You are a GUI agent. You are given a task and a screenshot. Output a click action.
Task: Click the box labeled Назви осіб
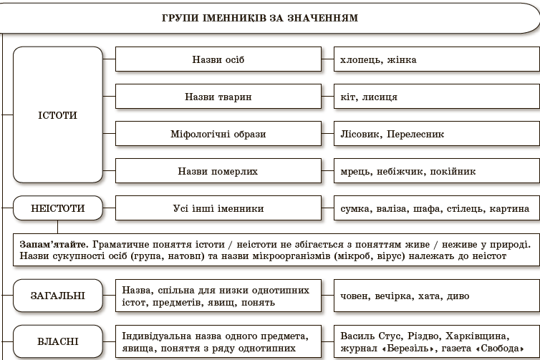[218, 59]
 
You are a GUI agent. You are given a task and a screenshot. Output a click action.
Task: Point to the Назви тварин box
[218, 97]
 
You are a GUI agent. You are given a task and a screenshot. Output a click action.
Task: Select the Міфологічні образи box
[218, 134]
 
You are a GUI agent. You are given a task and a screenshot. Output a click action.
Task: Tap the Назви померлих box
[218, 172]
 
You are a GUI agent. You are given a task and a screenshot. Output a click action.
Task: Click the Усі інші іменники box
[218, 209]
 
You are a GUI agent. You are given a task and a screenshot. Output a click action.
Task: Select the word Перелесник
[418, 134]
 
